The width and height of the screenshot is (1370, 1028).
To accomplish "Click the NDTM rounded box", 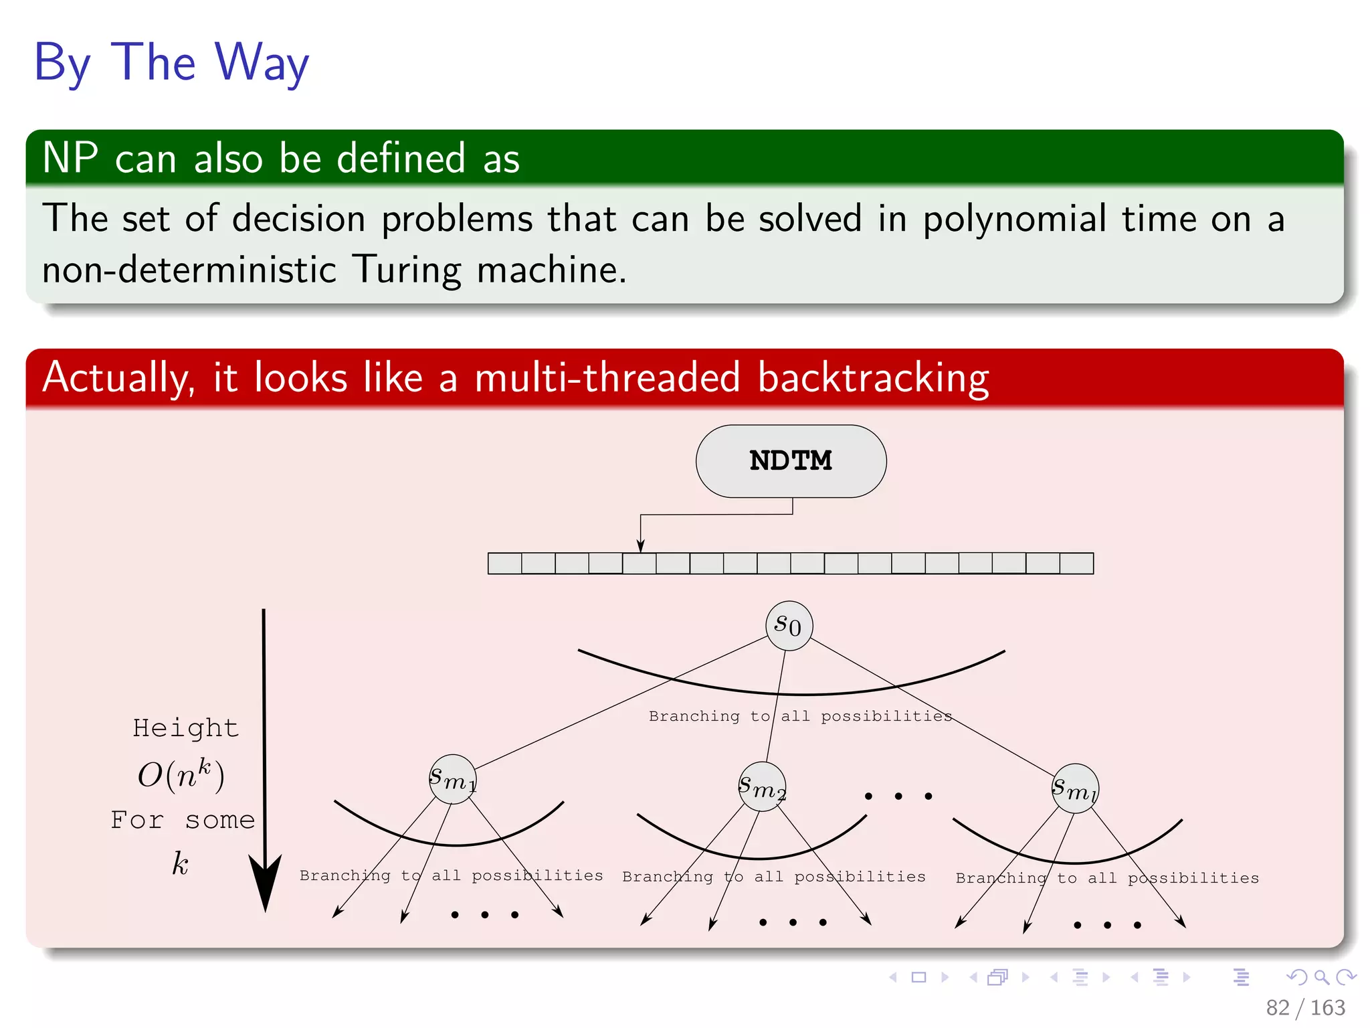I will tap(791, 461).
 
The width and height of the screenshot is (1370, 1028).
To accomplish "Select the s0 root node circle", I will tap(789, 626).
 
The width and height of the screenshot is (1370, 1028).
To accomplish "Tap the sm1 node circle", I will tap(453, 780).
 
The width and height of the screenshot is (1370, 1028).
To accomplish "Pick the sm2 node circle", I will tap(762, 787).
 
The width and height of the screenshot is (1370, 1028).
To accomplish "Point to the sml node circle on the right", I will tap(1075, 789).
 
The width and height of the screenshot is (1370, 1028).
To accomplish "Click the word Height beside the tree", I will tap(185, 728).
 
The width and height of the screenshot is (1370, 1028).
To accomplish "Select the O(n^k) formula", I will tap(181, 775).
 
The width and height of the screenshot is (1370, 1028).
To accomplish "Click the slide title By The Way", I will tap(171, 62).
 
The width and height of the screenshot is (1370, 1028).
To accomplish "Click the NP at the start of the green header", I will tap(70, 159).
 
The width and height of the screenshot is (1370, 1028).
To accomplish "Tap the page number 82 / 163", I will tap(1304, 1007).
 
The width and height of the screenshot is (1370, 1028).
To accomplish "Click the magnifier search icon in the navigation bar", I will tap(1321, 977).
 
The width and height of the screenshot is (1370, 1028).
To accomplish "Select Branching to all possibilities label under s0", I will tap(800, 716).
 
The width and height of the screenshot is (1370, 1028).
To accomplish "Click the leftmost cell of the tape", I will tap(504, 564).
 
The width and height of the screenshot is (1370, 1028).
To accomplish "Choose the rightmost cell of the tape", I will tap(1076, 564).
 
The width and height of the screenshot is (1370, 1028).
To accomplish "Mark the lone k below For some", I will tap(180, 863).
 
